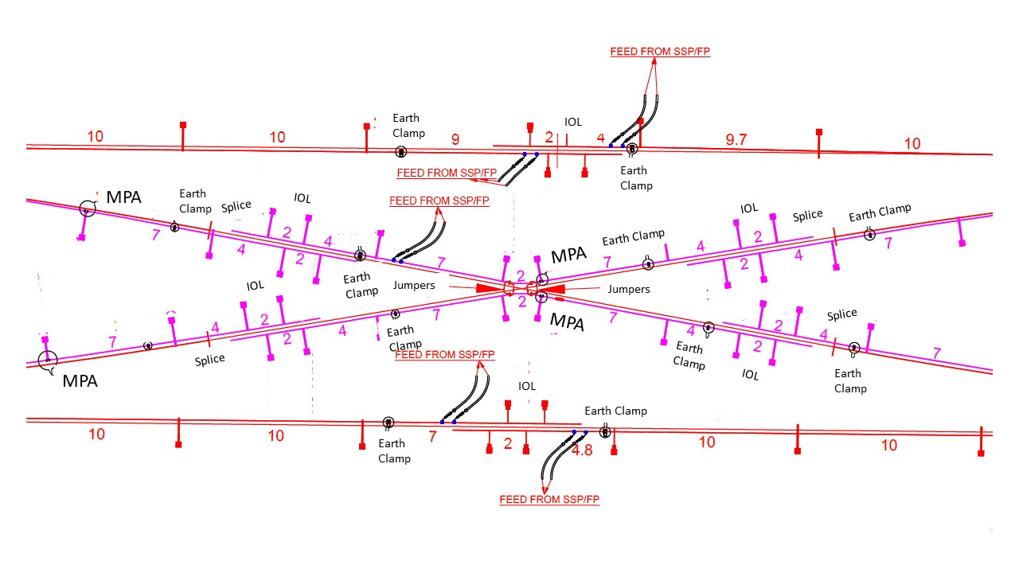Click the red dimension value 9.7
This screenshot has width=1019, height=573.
coord(736,140)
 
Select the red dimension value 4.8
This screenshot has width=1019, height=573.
coord(582,450)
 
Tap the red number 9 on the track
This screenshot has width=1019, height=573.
coord(455,140)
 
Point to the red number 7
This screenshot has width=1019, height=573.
coord(433,436)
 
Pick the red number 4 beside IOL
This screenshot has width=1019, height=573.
coord(601,138)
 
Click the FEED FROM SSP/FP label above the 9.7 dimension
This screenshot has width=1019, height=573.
coord(660,52)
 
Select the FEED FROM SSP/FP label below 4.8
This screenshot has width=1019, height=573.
coord(549,500)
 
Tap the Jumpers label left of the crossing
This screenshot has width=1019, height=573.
coord(414,285)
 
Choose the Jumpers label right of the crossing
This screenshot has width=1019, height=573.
coord(629,289)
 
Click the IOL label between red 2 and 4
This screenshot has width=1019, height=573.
coord(573,122)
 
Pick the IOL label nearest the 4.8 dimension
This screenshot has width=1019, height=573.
coord(527,386)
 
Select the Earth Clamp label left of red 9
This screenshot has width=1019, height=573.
coord(408,126)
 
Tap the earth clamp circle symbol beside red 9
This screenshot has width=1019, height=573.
coord(401,151)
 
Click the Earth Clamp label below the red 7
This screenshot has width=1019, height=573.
coord(393,450)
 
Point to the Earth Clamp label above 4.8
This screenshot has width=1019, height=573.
coord(615,411)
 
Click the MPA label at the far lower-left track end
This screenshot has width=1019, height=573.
coord(80,381)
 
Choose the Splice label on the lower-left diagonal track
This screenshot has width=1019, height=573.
coord(210,360)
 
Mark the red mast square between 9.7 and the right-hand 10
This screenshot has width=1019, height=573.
coord(818,132)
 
